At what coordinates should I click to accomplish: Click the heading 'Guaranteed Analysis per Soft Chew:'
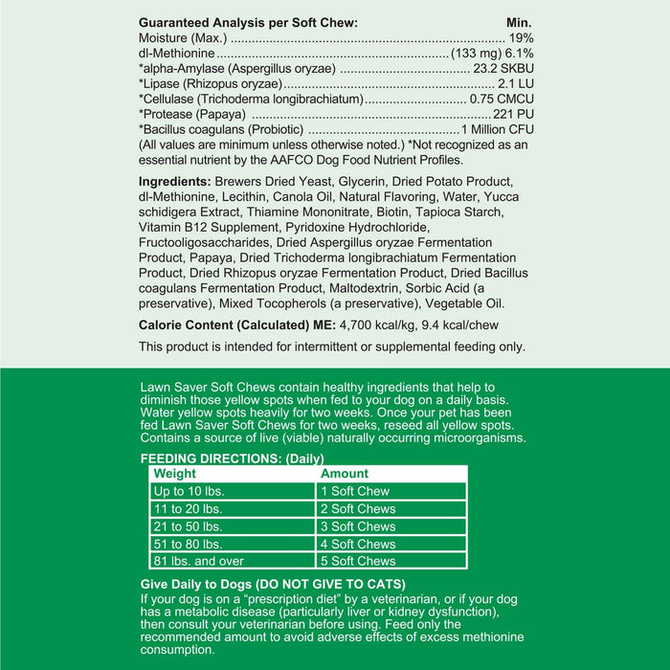(x=248, y=22)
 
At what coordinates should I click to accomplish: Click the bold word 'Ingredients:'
(x=175, y=182)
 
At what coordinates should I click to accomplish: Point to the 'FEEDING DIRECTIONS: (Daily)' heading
(x=233, y=458)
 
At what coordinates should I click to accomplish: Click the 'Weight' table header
(x=175, y=474)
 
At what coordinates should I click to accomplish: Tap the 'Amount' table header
(x=345, y=474)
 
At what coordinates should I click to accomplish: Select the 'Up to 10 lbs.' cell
(x=191, y=491)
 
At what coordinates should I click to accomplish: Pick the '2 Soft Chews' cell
(x=358, y=509)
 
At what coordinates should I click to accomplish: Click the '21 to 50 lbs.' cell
(x=189, y=526)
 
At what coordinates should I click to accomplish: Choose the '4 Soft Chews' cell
(x=358, y=544)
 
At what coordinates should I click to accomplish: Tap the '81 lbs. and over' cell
(x=200, y=561)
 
